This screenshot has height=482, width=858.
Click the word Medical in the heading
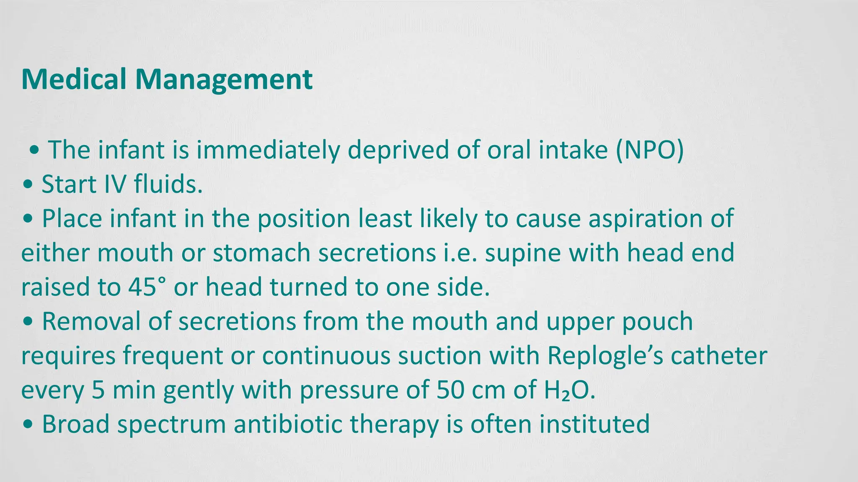[73, 79]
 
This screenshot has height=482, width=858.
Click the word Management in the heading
[223, 79]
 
